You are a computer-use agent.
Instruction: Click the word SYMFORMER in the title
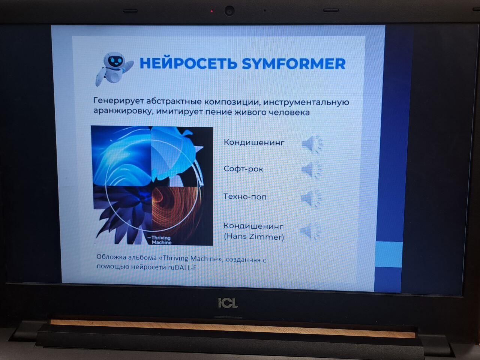[294, 64]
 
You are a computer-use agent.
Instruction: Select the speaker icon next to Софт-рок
[311, 169]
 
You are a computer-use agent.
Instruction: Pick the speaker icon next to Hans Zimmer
[310, 231]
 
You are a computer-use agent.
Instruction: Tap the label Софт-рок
[243, 169]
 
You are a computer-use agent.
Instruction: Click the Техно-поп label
[245, 197]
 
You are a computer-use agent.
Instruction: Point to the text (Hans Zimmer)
[254, 237]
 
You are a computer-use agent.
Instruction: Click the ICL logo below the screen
[228, 303]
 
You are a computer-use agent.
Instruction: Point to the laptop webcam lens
[229, 11]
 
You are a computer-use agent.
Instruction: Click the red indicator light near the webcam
[211, 11]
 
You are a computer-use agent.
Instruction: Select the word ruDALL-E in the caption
[182, 267]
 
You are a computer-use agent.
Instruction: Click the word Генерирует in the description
[118, 101]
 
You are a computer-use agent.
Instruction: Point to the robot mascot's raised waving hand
[129, 65]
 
